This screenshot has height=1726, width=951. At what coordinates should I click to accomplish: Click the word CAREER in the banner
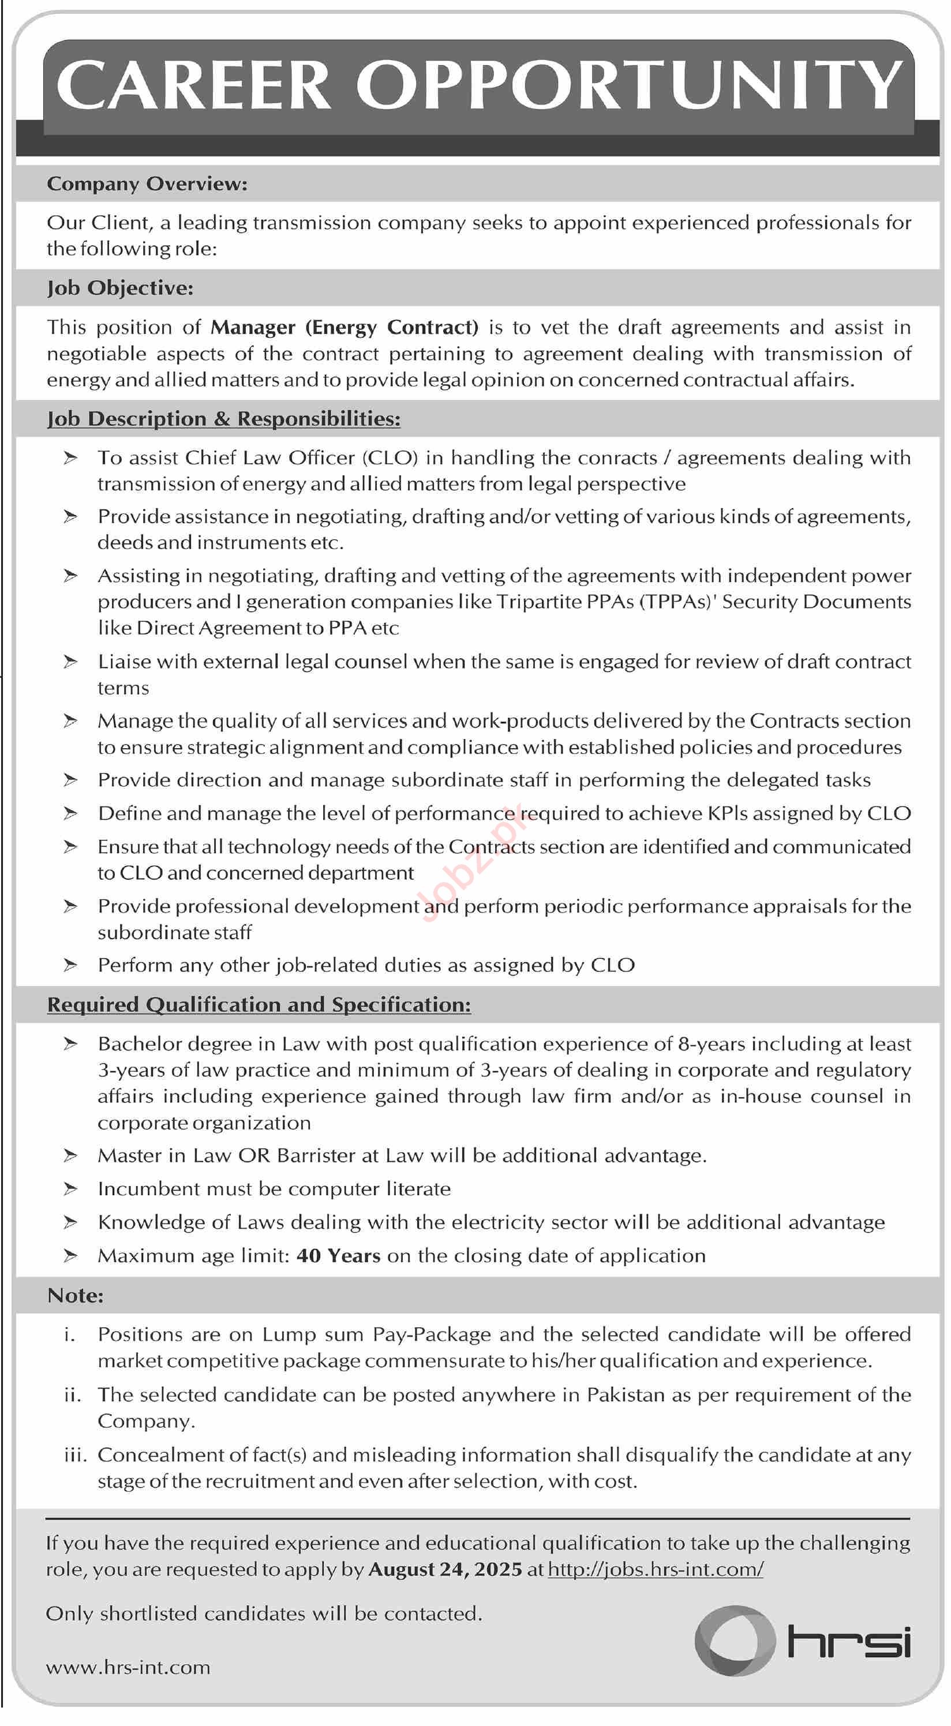click(x=194, y=85)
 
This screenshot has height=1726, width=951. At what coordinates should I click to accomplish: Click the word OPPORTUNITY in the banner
click(x=628, y=85)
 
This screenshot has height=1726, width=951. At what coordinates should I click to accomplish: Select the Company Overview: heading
click(x=147, y=183)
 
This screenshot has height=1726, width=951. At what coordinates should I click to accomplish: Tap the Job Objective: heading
click(x=120, y=288)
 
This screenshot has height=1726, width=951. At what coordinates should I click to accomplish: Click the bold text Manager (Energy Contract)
click(x=345, y=327)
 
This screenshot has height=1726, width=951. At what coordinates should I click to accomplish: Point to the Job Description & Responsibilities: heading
click(x=224, y=419)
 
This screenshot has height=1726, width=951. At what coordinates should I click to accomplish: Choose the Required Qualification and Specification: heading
click(x=259, y=1005)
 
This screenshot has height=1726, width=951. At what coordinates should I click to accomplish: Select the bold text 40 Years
click(x=338, y=1256)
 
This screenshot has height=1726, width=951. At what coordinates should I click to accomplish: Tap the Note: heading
click(x=75, y=1296)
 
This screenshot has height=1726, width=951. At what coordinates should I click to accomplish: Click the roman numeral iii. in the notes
click(x=75, y=1455)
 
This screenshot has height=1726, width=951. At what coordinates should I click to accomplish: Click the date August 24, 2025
click(x=445, y=1569)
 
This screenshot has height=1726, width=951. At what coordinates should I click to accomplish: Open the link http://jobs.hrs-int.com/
click(x=656, y=1569)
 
